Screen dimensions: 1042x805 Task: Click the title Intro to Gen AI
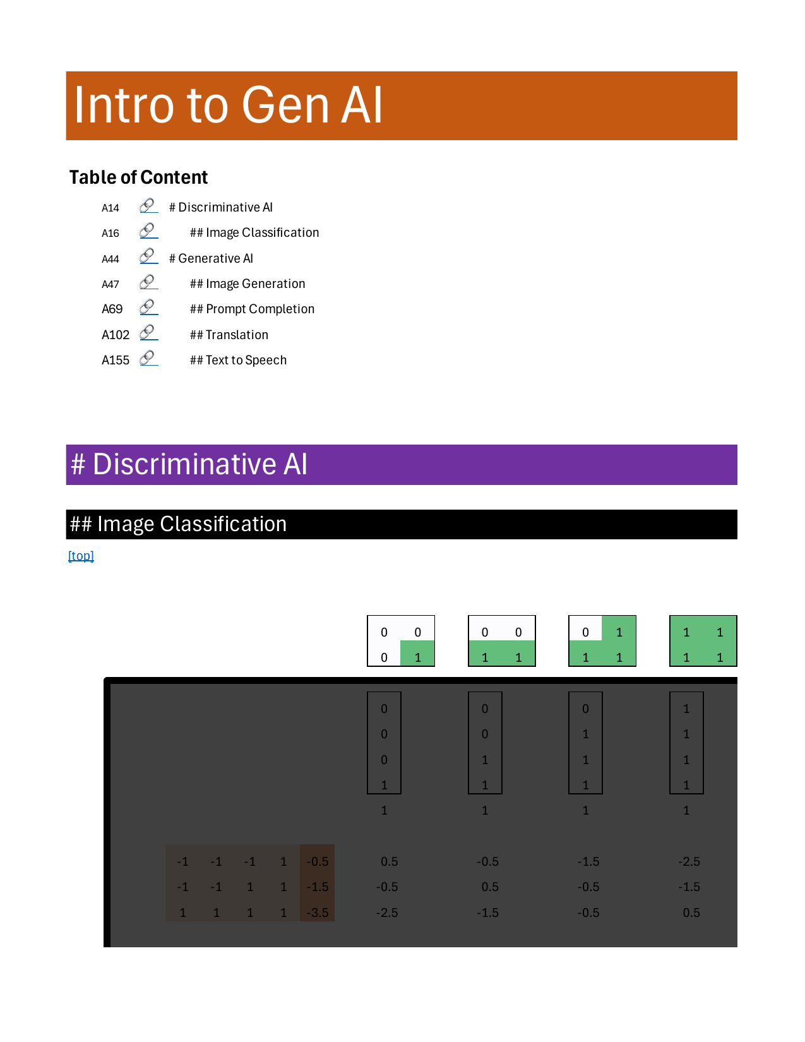(x=228, y=105)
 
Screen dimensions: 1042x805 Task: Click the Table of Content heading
(x=138, y=177)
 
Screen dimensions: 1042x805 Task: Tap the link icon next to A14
(x=148, y=206)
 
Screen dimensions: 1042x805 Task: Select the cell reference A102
(x=116, y=335)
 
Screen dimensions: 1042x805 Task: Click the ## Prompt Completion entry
(x=252, y=309)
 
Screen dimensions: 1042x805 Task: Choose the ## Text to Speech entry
(x=238, y=360)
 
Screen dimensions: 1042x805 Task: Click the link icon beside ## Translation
(x=148, y=333)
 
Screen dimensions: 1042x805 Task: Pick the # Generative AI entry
(x=211, y=258)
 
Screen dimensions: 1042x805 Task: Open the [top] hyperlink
(x=81, y=556)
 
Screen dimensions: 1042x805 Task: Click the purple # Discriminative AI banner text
(x=189, y=464)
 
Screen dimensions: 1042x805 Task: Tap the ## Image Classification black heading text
(x=179, y=524)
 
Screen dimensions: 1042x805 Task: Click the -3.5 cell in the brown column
(x=318, y=913)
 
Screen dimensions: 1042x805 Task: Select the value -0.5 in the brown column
(x=318, y=861)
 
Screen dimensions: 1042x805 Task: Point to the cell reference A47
(x=110, y=284)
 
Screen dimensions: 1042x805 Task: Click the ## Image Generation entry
(x=247, y=284)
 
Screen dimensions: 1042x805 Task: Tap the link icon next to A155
(x=148, y=358)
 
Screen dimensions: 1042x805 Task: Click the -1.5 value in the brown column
(x=318, y=887)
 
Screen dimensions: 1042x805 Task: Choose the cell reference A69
(x=112, y=309)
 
